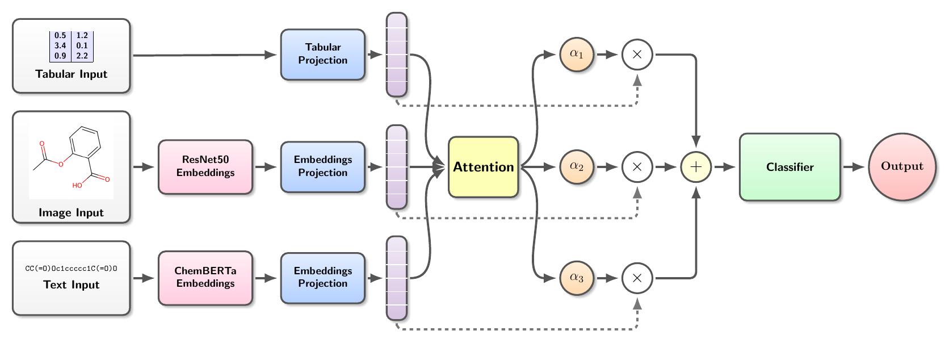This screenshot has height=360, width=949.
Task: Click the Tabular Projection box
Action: (322, 55)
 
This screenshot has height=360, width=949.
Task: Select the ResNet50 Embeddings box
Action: (205, 167)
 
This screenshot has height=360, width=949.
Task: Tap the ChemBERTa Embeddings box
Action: (205, 278)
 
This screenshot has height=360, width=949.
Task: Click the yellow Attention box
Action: (483, 167)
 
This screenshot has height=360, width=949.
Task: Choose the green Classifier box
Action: (790, 167)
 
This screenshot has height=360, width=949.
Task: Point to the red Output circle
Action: (902, 166)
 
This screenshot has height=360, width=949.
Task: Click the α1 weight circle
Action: (576, 55)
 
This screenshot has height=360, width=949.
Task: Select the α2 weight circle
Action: (576, 166)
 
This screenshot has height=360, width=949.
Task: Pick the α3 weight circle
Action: (576, 278)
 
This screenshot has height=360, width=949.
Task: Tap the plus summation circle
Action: (696, 167)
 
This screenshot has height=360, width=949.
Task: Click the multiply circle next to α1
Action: (637, 55)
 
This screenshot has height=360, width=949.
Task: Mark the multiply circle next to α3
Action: (637, 278)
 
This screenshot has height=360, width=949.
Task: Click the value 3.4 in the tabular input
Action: (60, 45)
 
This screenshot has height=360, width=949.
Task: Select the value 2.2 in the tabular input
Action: (82, 56)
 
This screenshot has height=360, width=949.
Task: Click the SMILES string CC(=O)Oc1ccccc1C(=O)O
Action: (71, 269)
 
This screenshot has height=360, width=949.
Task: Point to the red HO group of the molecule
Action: (77, 185)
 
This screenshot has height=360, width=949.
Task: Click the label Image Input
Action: (71, 212)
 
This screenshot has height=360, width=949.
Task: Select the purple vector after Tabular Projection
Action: (397, 55)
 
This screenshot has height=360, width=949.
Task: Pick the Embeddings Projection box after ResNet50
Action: (322, 167)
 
